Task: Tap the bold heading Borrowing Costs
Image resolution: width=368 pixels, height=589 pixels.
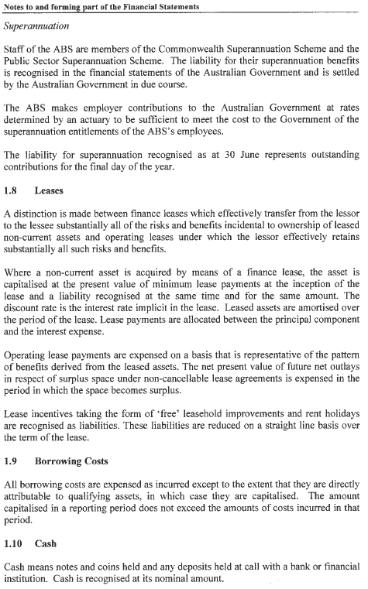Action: [73, 483]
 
